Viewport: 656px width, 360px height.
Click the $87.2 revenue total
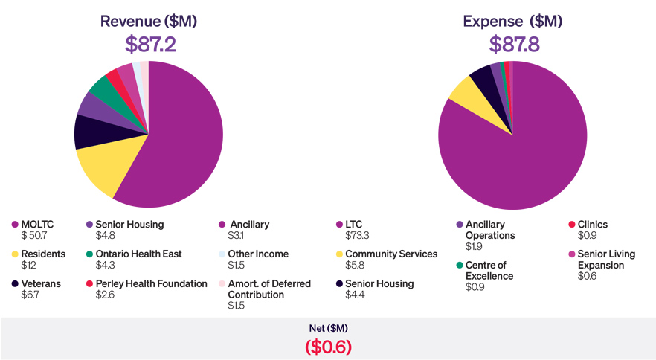(x=149, y=45)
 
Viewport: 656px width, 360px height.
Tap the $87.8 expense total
(x=514, y=45)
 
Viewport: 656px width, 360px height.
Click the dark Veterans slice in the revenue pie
(x=88, y=132)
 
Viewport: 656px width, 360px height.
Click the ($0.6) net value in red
(x=328, y=347)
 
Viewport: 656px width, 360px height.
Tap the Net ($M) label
(x=328, y=328)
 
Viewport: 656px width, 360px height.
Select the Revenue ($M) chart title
(x=149, y=21)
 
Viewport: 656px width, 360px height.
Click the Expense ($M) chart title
(x=514, y=21)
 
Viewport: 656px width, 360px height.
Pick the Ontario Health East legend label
(x=139, y=254)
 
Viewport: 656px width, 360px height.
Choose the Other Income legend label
(x=258, y=254)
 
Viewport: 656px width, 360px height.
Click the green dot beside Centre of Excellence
(x=460, y=265)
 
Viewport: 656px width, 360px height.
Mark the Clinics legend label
(x=593, y=224)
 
